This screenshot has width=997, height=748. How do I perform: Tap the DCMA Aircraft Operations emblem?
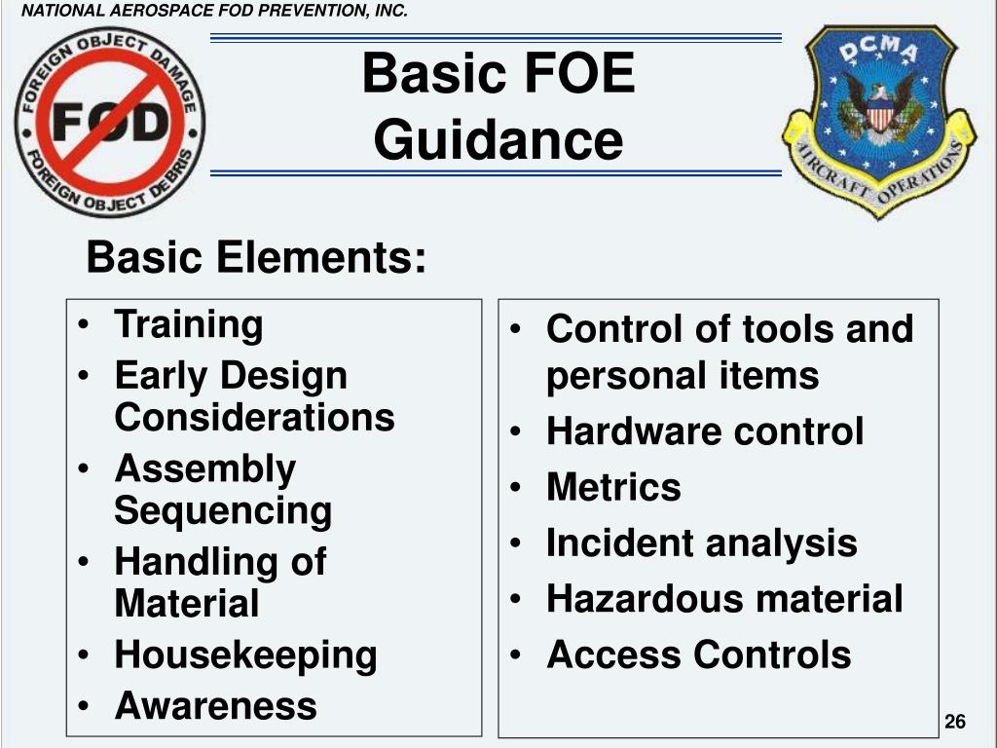(x=879, y=122)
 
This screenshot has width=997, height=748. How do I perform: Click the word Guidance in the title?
(x=498, y=140)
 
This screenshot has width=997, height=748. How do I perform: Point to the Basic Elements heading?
(x=256, y=259)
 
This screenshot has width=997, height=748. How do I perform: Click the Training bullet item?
(x=188, y=324)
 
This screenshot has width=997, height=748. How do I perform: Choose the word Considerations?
(x=254, y=417)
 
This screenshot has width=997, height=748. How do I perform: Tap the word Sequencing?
(x=223, y=510)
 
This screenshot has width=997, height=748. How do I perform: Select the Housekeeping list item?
(x=245, y=654)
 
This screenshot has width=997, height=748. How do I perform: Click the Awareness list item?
(x=215, y=705)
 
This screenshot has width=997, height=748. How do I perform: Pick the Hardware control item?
(x=704, y=431)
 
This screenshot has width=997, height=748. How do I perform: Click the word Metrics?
(x=613, y=487)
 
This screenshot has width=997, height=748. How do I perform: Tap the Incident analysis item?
(x=701, y=543)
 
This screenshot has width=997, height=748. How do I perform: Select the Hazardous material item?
(x=724, y=599)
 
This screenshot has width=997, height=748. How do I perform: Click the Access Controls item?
(x=698, y=654)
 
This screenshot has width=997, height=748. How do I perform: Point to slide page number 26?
(x=954, y=722)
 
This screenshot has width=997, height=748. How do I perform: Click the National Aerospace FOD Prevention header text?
(x=214, y=12)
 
